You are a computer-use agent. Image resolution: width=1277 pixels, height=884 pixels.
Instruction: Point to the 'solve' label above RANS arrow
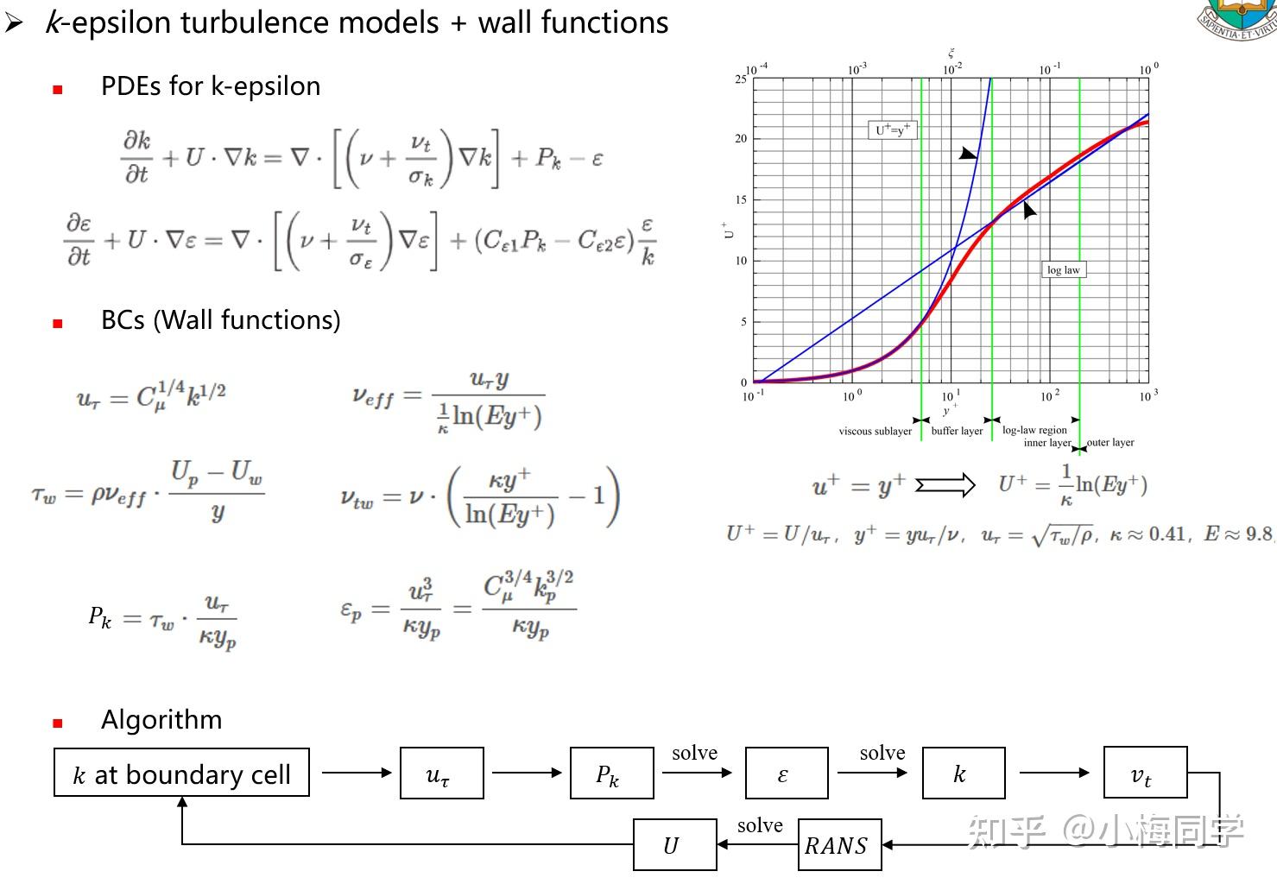point(760,824)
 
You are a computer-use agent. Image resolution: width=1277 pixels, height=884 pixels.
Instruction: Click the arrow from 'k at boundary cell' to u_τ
point(357,773)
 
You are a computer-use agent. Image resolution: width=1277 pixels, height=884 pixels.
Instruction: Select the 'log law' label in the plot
point(1063,269)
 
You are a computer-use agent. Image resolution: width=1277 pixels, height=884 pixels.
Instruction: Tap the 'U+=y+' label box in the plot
point(892,130)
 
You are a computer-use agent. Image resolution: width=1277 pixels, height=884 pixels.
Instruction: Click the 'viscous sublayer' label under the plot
point(876,432)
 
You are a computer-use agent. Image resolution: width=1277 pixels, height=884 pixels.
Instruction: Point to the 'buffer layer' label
point(957,431)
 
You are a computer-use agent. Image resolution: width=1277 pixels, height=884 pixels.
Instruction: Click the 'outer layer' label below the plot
point(1110,442)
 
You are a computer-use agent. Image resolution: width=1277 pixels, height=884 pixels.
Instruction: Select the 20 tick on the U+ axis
point(741,138)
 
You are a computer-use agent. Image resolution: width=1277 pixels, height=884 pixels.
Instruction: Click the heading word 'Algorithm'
point(161,719)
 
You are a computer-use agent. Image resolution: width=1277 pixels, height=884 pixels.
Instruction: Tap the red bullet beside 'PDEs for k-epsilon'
point(58,90)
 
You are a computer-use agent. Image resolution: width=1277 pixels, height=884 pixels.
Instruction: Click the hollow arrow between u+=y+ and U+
point(945,485)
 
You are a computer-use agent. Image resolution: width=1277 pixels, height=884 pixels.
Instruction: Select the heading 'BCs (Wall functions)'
point(221,319)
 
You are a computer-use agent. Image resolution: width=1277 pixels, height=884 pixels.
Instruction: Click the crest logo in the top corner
point(1237,19)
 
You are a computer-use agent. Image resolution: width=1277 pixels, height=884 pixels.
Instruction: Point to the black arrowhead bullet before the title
point(14,23)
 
